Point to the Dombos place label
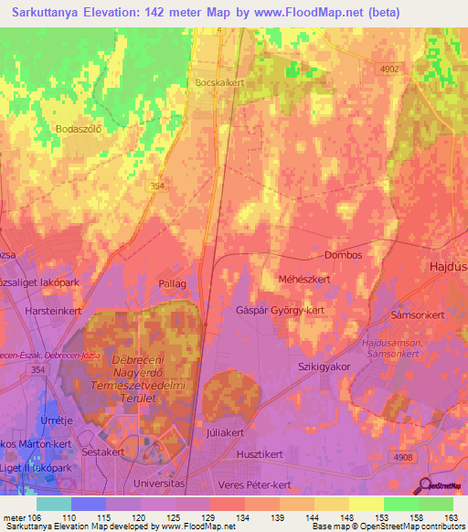pyautogui.click(x=344, y=255)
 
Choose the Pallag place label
pyautogui.click(x=172, y=284)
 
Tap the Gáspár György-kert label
pyautogui.click(x=279, y=310)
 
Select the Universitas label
pyautogui.click(x=159, y=482)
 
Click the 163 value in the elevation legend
pyautogui.click(x=449, y=517)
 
